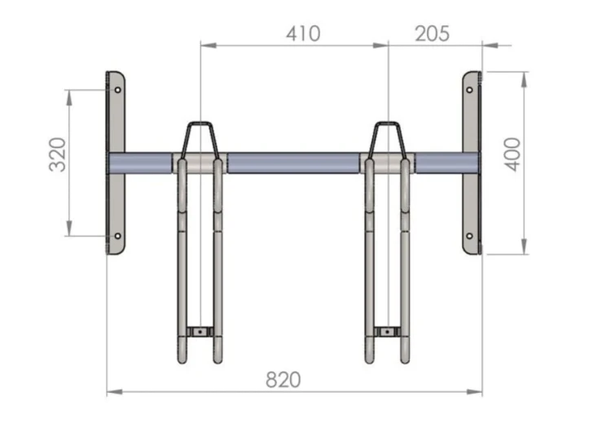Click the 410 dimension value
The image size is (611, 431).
pyautogui.click(x=303, y=34)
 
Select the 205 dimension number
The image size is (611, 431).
pyautogui.click(x=432, y=34)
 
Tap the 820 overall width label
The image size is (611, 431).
pyautogui.click(x=284, y=380)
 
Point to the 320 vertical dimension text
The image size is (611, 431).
pyautogui.click(x=57, y=155)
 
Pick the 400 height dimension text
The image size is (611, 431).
pyautogui.click(x=512, y=155)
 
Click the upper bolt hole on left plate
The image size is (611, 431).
pyautogui.click(x=117, y=90)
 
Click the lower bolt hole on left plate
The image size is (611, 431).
pyautogui.click(x=117, y=236)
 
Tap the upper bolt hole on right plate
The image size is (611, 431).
pyautogui.click(x=469, y=90)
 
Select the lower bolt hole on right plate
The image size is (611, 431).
pyautogui.click(x=469, y=236)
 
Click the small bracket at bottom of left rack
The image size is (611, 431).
pyautogui.click(x=200, y=332)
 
